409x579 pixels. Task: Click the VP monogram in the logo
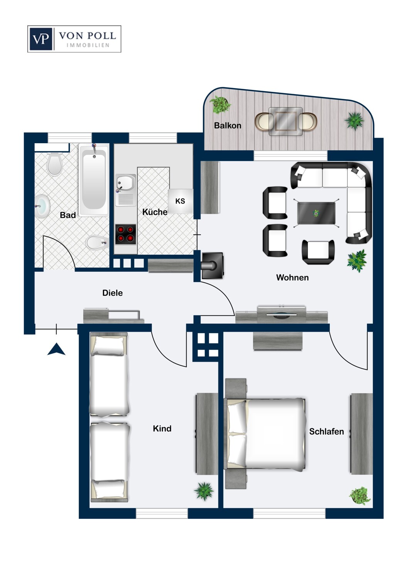point(41,39)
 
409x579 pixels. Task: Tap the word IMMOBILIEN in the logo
point(88,45)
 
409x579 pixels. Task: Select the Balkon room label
point(228,125)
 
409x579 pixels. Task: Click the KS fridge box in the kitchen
point(180,201)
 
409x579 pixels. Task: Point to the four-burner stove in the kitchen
point(125,234)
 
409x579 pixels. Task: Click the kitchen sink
point(125,190)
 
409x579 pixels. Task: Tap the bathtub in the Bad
point(94,180)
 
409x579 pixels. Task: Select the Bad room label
point(68,215)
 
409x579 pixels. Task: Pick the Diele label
point(112,293)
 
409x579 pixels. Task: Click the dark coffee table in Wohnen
point(316,213)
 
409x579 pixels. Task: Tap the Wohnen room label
point(292,278)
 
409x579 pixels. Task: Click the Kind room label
point(162,428)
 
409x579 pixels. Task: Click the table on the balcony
point(286,121)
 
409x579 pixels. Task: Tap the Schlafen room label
point(326,432)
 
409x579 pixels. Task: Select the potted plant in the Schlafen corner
point(359,496)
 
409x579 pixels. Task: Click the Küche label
point(155,212)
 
